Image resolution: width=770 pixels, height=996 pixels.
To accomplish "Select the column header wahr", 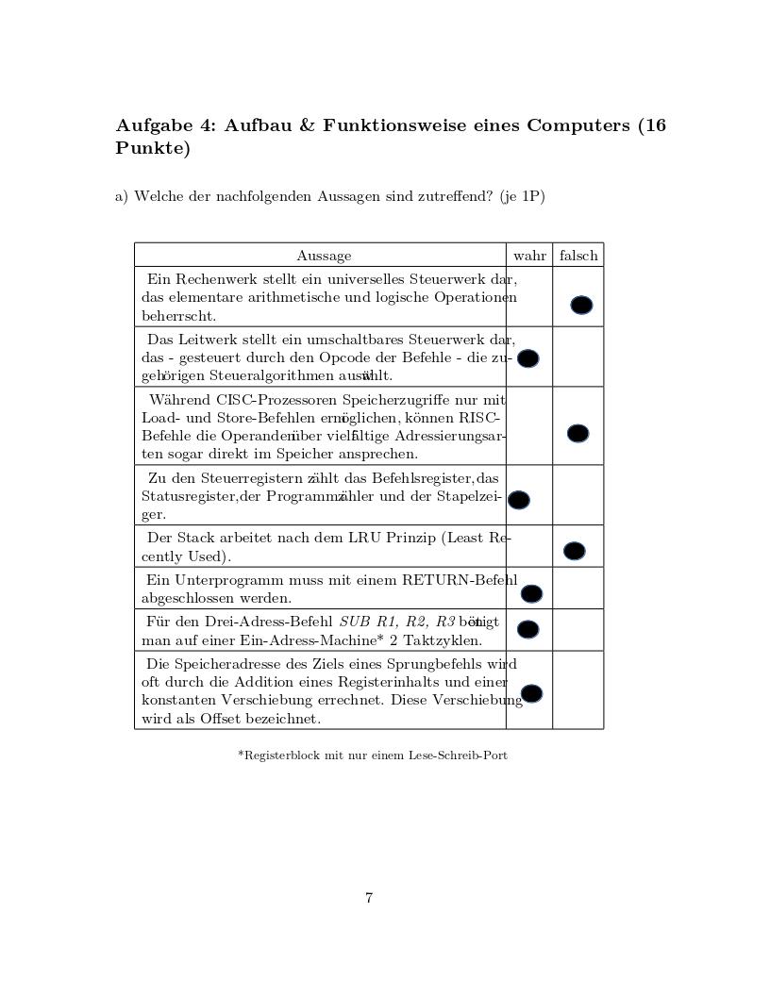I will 529,256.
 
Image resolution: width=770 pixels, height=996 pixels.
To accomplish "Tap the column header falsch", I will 578,256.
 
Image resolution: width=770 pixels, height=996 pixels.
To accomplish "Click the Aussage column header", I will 324,256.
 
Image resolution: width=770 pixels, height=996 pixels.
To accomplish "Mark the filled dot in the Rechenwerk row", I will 581,305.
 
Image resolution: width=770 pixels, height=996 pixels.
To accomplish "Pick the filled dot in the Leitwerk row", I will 528,358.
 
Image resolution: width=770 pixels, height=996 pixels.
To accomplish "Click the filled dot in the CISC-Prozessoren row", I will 577,433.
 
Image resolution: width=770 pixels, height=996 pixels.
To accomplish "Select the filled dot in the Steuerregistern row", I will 519,500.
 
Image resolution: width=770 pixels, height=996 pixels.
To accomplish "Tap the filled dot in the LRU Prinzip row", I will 574,551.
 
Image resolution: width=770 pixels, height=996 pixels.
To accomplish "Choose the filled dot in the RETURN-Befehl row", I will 531,593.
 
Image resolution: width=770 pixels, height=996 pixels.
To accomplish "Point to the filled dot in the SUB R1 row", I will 528,629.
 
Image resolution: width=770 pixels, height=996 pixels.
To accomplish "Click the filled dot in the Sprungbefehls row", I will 531,693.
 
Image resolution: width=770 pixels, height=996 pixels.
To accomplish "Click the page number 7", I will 369,898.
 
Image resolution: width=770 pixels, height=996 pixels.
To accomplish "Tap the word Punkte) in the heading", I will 152,149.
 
